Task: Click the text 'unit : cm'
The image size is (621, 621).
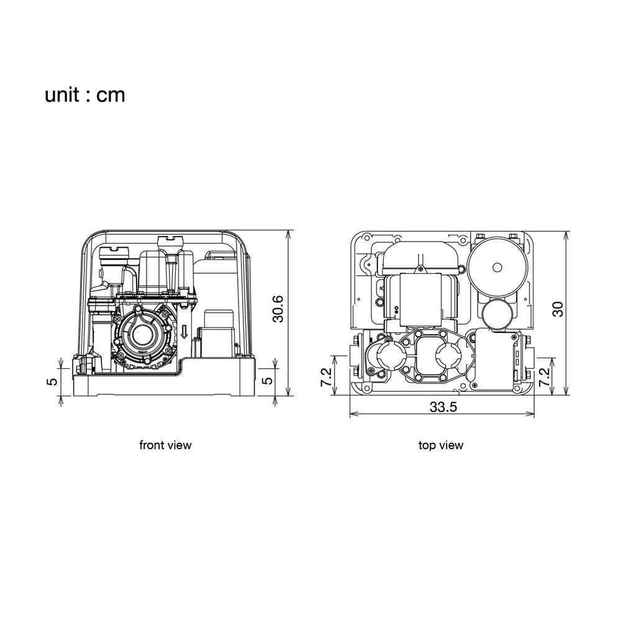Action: point(84,95)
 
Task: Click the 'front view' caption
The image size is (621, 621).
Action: point(165,445)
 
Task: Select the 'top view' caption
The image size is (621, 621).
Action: point(441,445)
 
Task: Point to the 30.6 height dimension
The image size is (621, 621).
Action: point(278,309)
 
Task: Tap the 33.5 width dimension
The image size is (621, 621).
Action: point(443,407)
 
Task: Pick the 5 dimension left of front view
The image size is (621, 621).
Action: point(53,381)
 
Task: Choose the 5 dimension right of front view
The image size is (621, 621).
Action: point(268,380)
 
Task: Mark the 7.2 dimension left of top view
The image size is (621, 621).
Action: point(325,378)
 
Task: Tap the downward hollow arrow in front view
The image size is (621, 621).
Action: point(184,331)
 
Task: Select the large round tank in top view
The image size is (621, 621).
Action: point(497,267)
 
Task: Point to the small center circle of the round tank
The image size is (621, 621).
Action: point(497,267)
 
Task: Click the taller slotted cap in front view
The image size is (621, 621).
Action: point(170,241)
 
